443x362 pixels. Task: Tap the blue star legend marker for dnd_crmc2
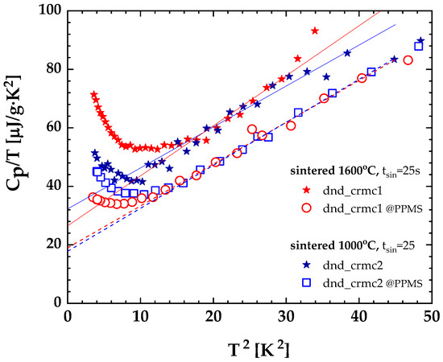pos(304,262)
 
